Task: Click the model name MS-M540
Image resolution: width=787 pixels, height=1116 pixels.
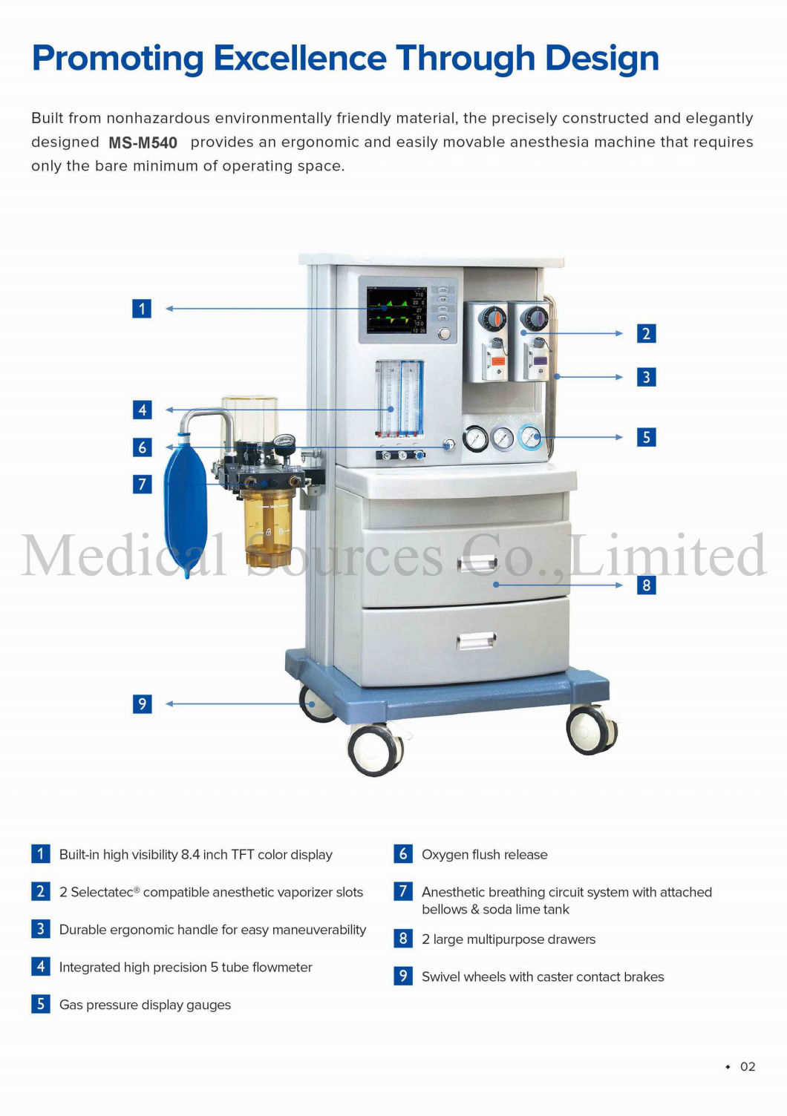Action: pyautogui.click(x=143, y=142)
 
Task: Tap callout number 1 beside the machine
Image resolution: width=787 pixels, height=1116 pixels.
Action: pyautogui.click(x=142, y=309)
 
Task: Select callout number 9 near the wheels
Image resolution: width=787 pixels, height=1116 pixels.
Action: pyautogui.click(x=142, y=703)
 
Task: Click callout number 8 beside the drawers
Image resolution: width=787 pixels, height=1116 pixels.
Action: pyautogui.click(x=646, y=585)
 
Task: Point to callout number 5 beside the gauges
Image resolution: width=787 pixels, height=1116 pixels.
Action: pyautogui.click(x=646, y=437)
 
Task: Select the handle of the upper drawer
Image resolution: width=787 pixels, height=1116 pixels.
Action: pyautogui.click(x=477, y=564)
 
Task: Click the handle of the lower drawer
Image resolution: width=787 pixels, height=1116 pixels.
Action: pyautogui.click(x=476, y=640)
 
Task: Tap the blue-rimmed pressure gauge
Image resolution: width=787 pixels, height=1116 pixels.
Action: pyautogui.click(x=530, y=437)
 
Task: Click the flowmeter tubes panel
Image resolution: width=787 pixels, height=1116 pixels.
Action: pyautogui.click(x=399, y=398)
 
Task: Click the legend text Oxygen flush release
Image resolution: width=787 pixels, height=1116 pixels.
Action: pyautogui.click(x=484, y=855)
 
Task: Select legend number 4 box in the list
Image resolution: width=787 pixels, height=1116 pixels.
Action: pyautogui.click(x=41, y=967)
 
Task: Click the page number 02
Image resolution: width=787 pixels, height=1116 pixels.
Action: pyautogui.click(x=747, y=1066)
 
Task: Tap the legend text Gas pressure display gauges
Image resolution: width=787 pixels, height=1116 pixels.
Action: pyautogui.click(x=145, y=1005)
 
